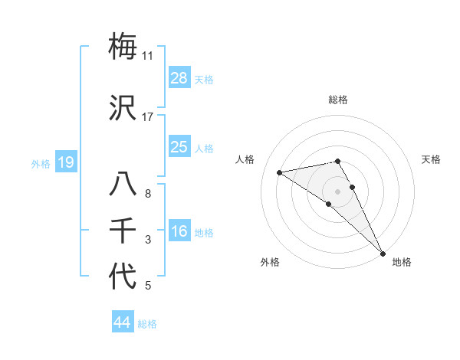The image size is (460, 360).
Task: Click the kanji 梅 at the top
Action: tap(123, 46)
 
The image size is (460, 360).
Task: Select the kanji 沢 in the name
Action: tap(123, 108)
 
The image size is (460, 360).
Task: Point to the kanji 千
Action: tap(123, 231)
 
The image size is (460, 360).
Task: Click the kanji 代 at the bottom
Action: tap(123, 277)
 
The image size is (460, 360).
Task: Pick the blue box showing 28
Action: tap(179, 77)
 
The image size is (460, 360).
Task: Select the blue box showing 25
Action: tap(179, 146)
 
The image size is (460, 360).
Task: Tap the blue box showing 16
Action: tap(179, 231)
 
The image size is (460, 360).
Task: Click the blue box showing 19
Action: tap(66, 162)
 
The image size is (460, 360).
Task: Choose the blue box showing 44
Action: tap(123, 322)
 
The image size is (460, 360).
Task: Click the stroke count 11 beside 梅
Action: tap(147, 56)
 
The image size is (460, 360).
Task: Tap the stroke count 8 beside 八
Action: tap(147, 194)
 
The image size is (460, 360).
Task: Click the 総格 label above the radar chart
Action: tap(338, 100)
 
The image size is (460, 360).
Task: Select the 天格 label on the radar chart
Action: tap(432, 159)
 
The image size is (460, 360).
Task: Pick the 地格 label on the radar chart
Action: tap(402, 262)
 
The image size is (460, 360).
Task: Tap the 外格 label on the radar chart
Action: tap(270, 262)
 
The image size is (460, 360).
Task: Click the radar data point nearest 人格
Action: tap(280, 172)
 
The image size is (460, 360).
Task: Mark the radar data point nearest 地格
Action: tap(383, 253)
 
